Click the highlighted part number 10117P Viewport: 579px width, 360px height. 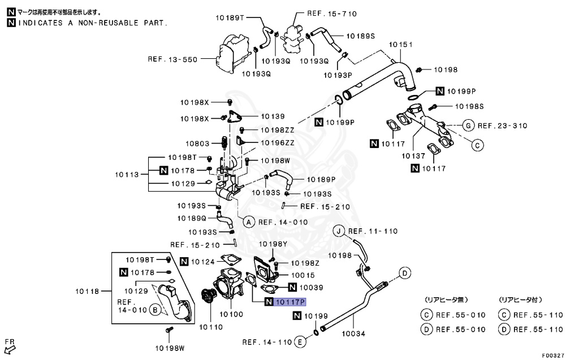[x=290, y=302]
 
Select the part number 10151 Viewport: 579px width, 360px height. [x=400, y=45]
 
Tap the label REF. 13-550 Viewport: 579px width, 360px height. [x=172, y=59]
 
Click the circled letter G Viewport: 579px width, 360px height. [x=468, y=125]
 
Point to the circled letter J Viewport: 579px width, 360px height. [x=339, y=231]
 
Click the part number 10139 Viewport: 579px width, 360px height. [x=273, y=116]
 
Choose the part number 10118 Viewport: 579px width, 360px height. [x=88, y=292]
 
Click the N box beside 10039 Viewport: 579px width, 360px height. [x=293, y=287]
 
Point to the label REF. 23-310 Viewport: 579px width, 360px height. [x=503, y=125]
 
